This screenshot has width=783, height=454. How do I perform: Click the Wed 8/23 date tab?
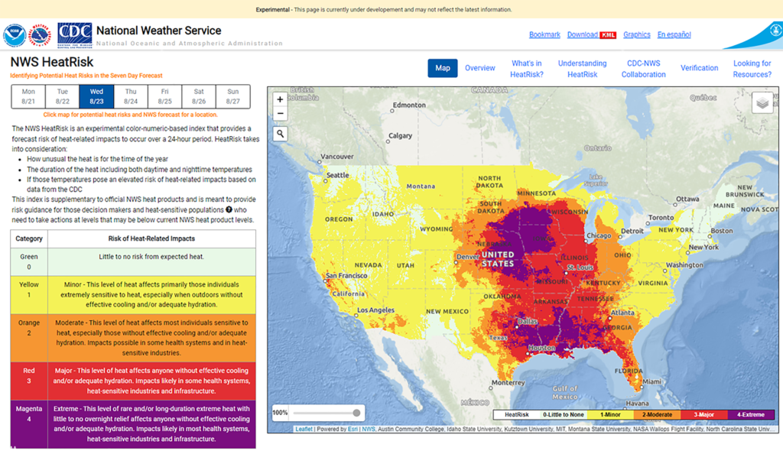[96, 96]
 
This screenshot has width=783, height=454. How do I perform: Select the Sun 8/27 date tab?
[233, 96]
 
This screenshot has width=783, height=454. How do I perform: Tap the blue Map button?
[443, 68]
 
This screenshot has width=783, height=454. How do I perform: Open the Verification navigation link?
[699, 68]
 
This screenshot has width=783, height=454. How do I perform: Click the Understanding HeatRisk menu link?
[582, 69]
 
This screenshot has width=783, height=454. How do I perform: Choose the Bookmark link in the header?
[544, 34]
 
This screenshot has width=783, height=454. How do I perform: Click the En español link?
[674, 34]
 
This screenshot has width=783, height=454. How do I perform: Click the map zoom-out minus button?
[281, 114]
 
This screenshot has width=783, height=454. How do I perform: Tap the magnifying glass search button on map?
[281, 135]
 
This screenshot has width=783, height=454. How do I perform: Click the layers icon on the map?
[762, 102]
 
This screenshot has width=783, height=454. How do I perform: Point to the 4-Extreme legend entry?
[750, 414]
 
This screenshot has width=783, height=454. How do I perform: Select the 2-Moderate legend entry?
[657, 414]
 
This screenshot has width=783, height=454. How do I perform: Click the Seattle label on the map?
[336, 175]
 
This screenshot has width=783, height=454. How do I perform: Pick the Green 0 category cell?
[29, 261]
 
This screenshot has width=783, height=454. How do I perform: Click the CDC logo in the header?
[75, 34]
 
